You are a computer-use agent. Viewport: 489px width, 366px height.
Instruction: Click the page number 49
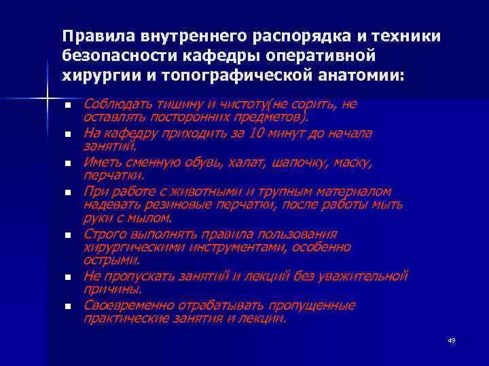coord(451,340)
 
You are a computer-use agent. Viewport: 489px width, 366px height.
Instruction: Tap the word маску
coord(354,163)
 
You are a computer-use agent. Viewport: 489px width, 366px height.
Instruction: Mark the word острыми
coord(111,260)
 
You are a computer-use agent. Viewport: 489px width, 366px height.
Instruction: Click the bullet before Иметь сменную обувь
coord(67,164)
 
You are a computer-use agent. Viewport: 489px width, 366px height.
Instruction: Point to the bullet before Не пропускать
coord(67,277)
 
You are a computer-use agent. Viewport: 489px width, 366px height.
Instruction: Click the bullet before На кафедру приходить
coord(67,134)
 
